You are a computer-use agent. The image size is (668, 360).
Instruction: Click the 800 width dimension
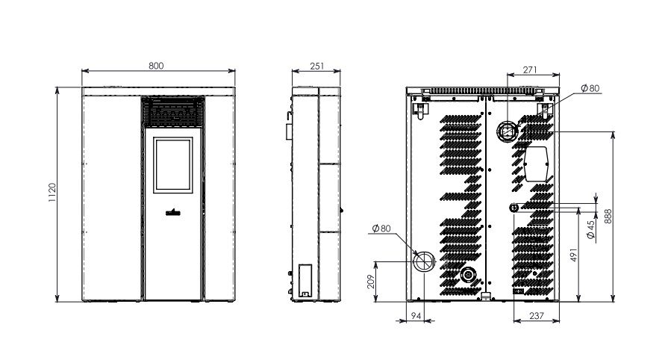(156, 66)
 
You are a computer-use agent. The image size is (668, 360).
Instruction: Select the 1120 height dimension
(52, 193)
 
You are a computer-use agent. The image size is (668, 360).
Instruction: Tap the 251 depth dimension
(317, 66)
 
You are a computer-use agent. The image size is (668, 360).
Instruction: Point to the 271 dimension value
(530, 69)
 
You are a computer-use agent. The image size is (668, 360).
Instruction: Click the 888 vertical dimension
(608, 217)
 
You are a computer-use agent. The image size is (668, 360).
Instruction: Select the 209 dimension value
(370, 282)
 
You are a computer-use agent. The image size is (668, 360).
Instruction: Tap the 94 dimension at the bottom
(416, 316)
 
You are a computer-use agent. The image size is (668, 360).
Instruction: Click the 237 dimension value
(537, 316)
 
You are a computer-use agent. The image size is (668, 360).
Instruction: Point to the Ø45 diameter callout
(591, 230)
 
